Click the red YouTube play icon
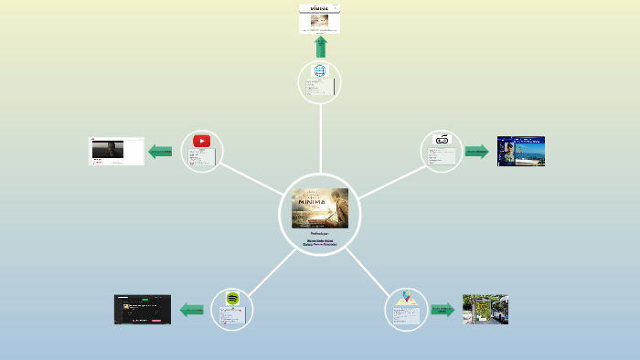201,141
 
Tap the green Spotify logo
232,299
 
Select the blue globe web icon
320,70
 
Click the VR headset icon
443,140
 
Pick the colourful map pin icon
406,299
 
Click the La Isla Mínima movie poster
320,207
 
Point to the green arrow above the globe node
320,47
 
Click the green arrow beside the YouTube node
160,151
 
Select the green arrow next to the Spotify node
192,310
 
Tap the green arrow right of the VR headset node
476,151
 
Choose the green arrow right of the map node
443,310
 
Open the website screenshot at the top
320,18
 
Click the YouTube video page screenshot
116,151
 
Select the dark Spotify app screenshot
143,309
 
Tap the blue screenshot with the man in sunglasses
520,151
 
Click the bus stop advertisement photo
485,309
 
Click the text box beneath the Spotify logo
232,316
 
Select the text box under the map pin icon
407,316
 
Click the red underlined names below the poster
320,244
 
